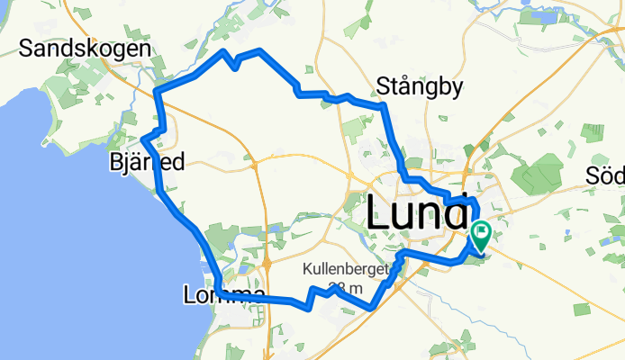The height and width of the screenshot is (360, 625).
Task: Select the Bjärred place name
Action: coord(146,163)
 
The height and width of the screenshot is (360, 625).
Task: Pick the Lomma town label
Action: coord(223,295)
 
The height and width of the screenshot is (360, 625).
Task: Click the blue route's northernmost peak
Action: coord(260,49)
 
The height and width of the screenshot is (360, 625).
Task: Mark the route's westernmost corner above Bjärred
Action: coord(143,139)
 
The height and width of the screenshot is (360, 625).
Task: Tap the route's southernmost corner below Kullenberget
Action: coord(371,309)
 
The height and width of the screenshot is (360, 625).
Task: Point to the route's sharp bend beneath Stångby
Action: coord(385,106)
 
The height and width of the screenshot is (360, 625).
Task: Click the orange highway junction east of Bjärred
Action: coord(256,166)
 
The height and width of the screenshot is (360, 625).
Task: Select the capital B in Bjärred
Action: coord(114,163)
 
